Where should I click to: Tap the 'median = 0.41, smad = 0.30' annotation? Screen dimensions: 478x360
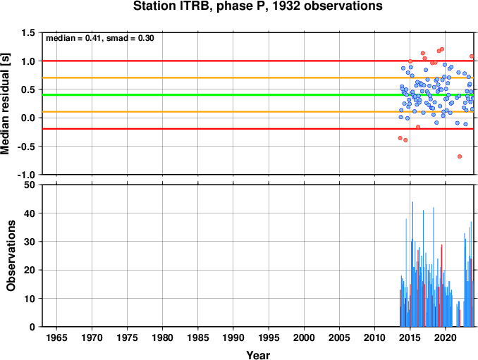pyautogui.click(x=100, y=38)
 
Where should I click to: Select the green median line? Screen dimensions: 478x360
pyautogui.click(x=258, y=94)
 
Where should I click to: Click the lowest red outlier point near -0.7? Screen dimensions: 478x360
pyautogui.click(x=460, y=156)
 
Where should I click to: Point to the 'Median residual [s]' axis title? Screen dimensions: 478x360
pyautogui.click(x=5, y=104)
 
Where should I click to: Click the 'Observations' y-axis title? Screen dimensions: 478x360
pyautogui.click(x=11, y=256)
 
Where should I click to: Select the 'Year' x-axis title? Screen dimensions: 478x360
pyautogui.click(x=258, y=355)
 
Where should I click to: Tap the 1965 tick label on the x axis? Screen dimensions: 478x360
pyautogui.click(x=56, y=337)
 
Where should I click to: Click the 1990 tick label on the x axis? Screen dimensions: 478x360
pyautogui.click(x=233, y=337)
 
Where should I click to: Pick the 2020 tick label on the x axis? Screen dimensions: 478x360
pyautogui.click(x=446, y=337)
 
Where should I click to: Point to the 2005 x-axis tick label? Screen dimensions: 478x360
pyautogui.click(x=339, y=337)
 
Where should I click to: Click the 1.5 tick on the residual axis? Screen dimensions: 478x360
pyautogui.click(x=28, y=32)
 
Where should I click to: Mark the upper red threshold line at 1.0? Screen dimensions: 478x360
pyautogui.click(x=258, y=61)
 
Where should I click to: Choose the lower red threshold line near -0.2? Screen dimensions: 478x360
pyautogui.click(x=258, y=129)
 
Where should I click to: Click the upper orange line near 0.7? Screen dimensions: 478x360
pyautogui.click(x=258, y=78)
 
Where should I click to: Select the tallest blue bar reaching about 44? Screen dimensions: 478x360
pyautogui.click(x=412, y=264)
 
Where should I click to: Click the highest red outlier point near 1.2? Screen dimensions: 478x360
pyautogui.click(x=442, y=49)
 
